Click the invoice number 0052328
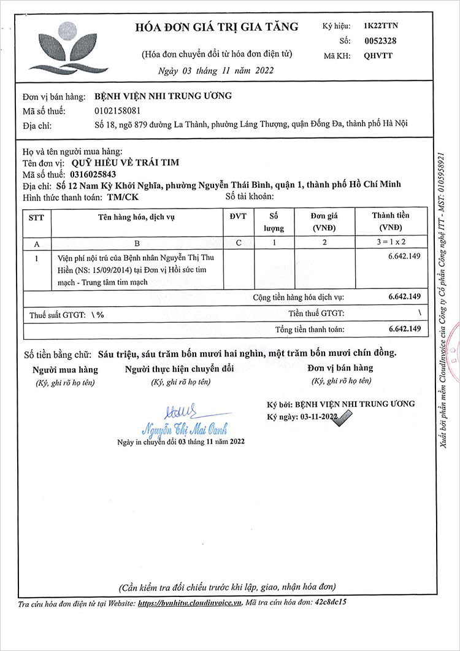(x=380, y=40)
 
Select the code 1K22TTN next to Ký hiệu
(x=381, y=26)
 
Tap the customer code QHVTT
(x=378, y=55)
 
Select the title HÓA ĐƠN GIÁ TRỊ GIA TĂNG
(x=217, y=27)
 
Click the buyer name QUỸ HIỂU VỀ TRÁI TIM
(x=126, y=163)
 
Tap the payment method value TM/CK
(x=122, y=197)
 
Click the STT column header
(x=36, y=217)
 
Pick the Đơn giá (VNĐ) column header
(x=323, y=221)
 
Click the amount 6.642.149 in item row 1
(x=404, y=256)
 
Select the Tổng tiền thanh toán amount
(x=404, y=329)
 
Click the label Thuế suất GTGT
(x=58, y=314)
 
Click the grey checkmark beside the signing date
(x=345, y=418)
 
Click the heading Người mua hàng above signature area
(x=65, y=369)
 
